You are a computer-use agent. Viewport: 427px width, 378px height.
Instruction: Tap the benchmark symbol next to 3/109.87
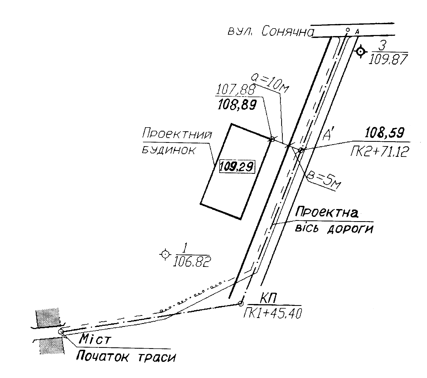(x=360, y=51)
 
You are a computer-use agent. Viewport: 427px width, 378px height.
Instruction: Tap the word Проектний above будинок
(x=177, y=135)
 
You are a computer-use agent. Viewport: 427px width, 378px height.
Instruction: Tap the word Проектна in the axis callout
(x=327, y=212)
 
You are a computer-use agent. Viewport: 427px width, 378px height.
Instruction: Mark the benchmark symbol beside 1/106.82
(x=165, y=254)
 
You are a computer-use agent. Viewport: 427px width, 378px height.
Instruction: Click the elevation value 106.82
(x=192, y=261)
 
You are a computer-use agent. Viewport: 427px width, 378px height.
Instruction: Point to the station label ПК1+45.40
(x=272, y=313)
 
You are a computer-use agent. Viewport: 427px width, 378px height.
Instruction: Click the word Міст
(x=94, y=340)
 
